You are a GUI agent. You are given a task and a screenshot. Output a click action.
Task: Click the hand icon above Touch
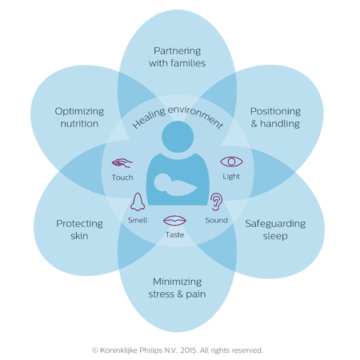[123, 161]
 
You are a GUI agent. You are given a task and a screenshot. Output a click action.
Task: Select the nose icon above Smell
[137, 201]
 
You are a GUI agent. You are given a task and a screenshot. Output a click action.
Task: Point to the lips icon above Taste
[174, 219]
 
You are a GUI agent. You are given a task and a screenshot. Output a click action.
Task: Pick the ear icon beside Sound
[216, 200]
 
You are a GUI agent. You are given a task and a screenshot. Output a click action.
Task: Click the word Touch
[123, 177]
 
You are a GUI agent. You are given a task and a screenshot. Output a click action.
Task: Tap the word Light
[231, 176]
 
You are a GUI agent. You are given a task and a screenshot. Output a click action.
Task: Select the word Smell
[138, 219]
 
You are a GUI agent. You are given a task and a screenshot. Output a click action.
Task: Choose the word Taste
[174, 234]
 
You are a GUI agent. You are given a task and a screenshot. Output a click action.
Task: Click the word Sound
[216, 219]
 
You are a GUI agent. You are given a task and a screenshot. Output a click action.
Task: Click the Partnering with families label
[177, 57]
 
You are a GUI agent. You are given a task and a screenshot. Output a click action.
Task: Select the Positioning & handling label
[274, 118]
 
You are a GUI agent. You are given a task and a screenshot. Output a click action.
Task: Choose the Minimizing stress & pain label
[177, 287]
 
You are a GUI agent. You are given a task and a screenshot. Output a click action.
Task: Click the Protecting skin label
[78, 230]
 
